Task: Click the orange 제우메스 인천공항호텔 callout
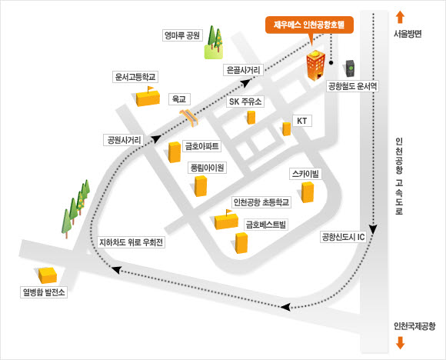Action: click(x=309, y=25)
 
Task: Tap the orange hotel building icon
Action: click(x=315, y=65)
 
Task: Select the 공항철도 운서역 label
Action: click(x=353, y=86)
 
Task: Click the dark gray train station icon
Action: click(x=350, y=68)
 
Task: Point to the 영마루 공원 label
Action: click(x=182, y=35)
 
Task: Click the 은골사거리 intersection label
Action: click(x=243, y=70)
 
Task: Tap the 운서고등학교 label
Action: click(x=135, y=77)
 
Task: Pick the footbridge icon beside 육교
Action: click(x=189, y=118)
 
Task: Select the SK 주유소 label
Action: click(x=245, y=102)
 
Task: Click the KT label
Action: click(x=301, y=121)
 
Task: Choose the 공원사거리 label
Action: click(x=124, y=140)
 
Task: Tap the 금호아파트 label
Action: click(x=202, y=146)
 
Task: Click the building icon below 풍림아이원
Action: click(x=201, y=186)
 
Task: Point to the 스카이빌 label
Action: click(x=305, y=174)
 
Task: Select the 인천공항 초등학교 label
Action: click(x=261, y=202)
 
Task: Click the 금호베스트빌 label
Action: click(x=265, y=225)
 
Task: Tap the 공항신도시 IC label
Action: click(x=343, y=237)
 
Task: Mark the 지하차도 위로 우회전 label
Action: click(x=131, y=242)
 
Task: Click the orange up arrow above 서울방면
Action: click(x=400, y=17)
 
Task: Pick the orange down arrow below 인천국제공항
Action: click(x=400, y=342)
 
